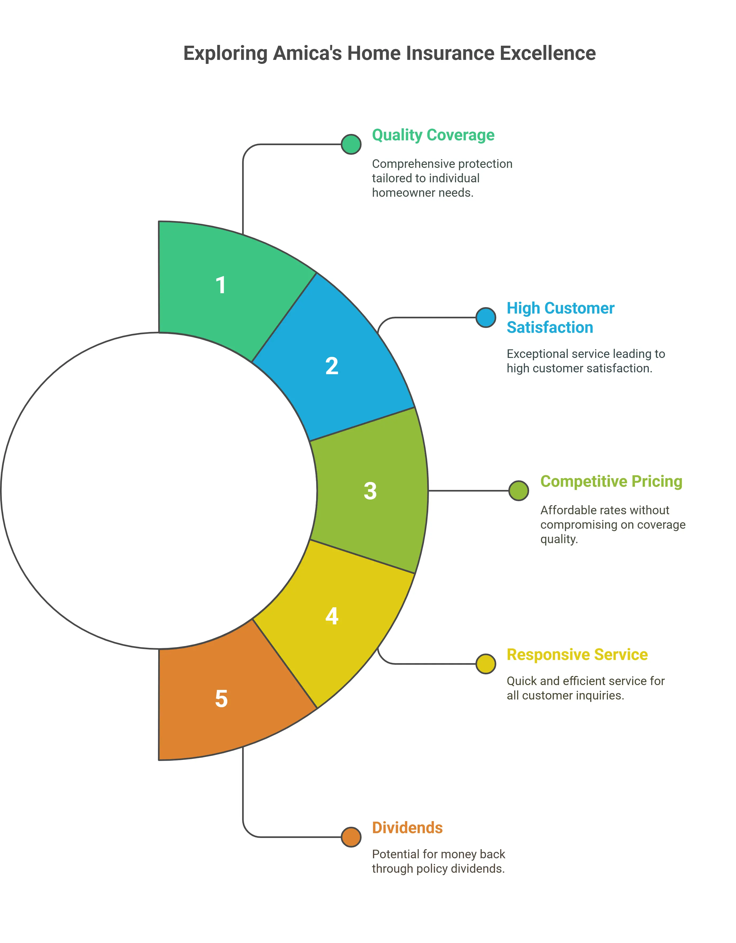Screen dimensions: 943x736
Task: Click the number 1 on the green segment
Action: (x=220, y=285)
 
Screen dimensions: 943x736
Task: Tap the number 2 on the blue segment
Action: (x=332, y=366)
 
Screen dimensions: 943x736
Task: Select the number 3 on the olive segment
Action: (x=370, y=491)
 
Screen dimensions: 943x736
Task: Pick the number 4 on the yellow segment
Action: (x=332, y=616)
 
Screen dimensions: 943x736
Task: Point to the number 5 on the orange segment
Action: (x=221, y=699)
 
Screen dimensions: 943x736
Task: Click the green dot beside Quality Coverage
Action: (x=351, y=144)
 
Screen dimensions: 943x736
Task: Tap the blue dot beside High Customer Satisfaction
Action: (x=486, y=318)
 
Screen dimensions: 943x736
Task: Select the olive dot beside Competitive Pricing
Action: (x=518, y=491)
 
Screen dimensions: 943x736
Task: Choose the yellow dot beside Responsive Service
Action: (x=486, y=664)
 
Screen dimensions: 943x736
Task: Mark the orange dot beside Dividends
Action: (x=351, y=837)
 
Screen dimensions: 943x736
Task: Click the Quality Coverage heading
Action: (x=433, y=135)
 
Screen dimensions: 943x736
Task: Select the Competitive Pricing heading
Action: (x=611, y=481)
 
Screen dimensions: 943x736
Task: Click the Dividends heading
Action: (x=407, y=828)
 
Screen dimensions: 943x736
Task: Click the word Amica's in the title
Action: (x=307, y=53)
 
